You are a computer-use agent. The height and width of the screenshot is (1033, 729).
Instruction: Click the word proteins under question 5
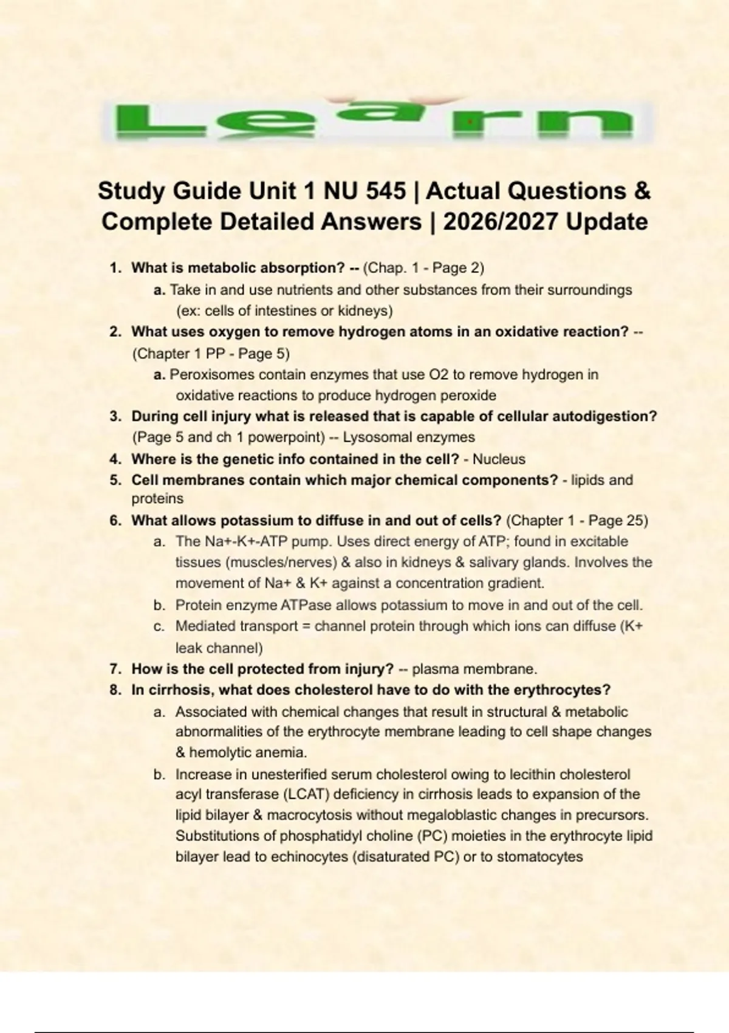coord(157,499)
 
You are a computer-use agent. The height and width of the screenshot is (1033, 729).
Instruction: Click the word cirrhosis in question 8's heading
coord(180,690)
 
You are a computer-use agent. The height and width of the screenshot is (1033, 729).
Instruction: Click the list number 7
coord(114,670)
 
